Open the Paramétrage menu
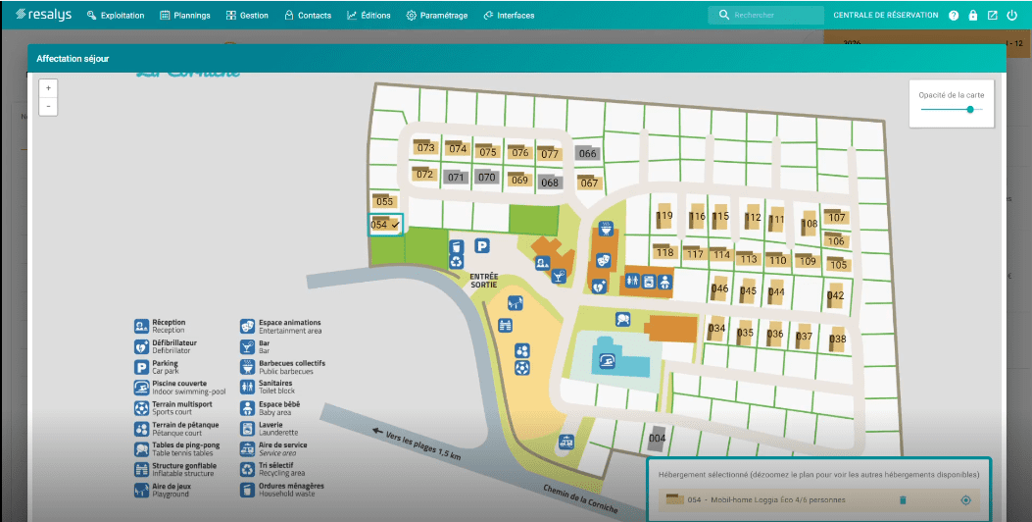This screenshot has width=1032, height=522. [436, 16]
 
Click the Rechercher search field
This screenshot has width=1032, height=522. [769, 16]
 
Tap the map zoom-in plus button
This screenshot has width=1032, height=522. [48, 87]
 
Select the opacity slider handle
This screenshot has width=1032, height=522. [970, 110]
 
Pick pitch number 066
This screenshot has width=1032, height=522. [588, 154]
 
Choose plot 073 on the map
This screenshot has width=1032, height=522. [426, 148]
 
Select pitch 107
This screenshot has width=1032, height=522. [836, 217]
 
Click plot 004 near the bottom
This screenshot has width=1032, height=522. [658, 437]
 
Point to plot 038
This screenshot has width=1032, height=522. [837, 339]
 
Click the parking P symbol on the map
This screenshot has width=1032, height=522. [482, 245]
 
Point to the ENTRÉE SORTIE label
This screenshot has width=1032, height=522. [484, 281]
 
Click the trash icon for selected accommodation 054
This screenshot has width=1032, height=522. [903, 500]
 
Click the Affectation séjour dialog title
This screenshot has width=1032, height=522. [73, 59]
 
